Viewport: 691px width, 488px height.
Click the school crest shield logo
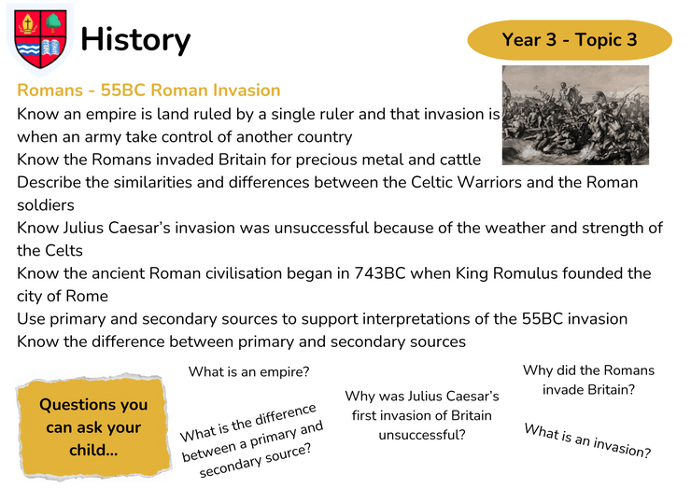point(40,39)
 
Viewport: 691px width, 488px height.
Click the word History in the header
point(135,40)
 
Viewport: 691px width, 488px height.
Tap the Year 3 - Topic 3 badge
point(570,39)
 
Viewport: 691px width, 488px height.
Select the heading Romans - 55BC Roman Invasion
point(148,91)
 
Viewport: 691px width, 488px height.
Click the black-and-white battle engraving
point(575,116)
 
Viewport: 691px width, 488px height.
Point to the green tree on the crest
point(53,22)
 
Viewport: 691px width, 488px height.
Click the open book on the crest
point(52,48)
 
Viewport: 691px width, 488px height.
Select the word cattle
point(460,160)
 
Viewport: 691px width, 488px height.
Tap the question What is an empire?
point(249,371)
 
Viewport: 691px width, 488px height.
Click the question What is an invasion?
point(587,440)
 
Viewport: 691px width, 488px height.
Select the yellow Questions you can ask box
point(93,427)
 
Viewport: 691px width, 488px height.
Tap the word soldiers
point(46,205)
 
